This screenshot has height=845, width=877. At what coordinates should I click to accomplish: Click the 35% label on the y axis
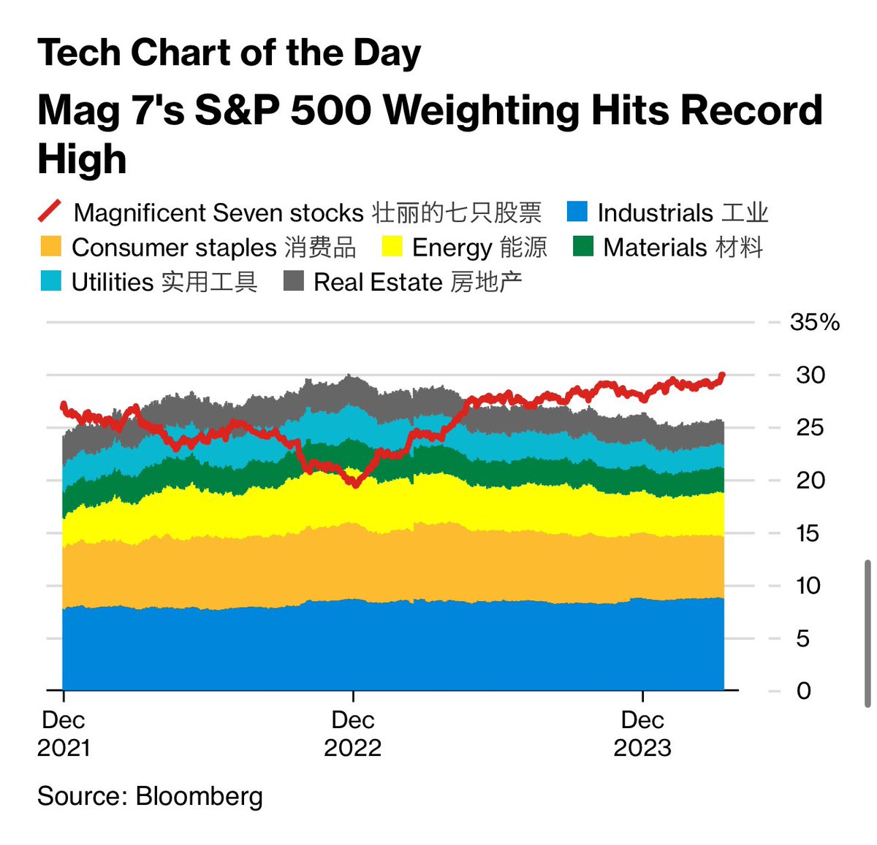[815, 322]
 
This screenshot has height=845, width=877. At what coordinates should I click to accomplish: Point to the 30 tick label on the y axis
[810, 375]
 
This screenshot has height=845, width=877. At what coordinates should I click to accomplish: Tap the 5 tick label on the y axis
[803, 638]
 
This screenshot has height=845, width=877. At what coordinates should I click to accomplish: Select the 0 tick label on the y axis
[803, 691]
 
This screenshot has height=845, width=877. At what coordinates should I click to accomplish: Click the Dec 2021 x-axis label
[64, 733]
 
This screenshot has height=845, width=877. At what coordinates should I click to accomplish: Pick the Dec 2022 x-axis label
[353, 733]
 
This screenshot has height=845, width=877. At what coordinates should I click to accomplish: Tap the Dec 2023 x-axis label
[642, 733]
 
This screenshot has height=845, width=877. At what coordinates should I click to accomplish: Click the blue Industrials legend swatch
[577, 212]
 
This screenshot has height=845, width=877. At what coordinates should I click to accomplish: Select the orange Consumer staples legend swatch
[50, 247]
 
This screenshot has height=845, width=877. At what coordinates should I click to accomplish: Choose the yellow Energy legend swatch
[392, 247]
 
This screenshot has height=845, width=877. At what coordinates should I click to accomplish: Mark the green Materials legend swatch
[583, 247]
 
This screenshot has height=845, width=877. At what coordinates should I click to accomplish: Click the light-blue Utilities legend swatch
[50, 281]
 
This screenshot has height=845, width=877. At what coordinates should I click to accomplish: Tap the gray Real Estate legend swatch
[294, 281]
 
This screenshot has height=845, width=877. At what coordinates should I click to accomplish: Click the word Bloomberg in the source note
[199, 795]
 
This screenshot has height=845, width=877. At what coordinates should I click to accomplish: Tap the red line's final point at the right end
[722, 375]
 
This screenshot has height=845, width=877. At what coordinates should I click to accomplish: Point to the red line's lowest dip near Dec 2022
[356, 484]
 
